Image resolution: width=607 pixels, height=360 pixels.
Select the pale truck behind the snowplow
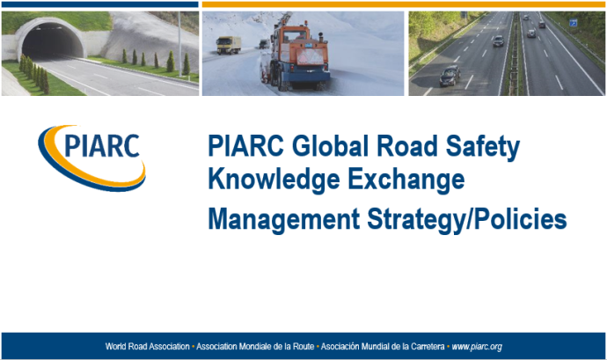(x=227, y=44)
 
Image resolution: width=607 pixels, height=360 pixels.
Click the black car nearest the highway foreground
(x=449, y=76)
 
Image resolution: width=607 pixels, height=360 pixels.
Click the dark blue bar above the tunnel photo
(x=99, y=4)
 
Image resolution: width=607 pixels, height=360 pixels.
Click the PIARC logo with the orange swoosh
(x=91, y=154)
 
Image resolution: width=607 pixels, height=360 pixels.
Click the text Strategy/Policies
(x=466, y=219)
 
